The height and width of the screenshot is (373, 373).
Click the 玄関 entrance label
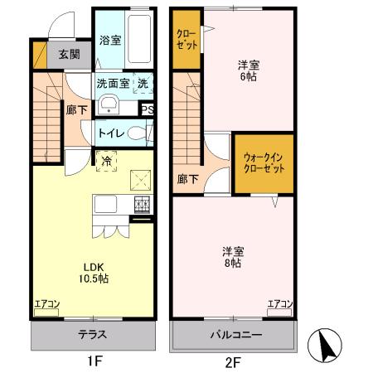click(69, 56)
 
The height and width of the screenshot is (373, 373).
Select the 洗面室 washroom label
click(113, 84)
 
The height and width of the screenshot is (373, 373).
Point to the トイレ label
click(111, 133)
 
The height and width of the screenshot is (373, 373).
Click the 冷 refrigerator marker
click(107, 159)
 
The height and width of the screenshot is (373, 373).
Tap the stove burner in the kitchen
click(143, 204)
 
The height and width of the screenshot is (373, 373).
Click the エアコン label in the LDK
click(46, 305)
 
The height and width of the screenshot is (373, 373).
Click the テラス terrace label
click(94, 336)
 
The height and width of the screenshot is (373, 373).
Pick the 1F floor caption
click(94, 361)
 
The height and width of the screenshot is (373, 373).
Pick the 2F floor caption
click(233, 361)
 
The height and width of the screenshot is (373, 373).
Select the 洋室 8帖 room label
click(232, 256)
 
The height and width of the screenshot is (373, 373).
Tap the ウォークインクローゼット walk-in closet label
click(263, 162)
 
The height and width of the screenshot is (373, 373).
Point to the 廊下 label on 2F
click(187, 177)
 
